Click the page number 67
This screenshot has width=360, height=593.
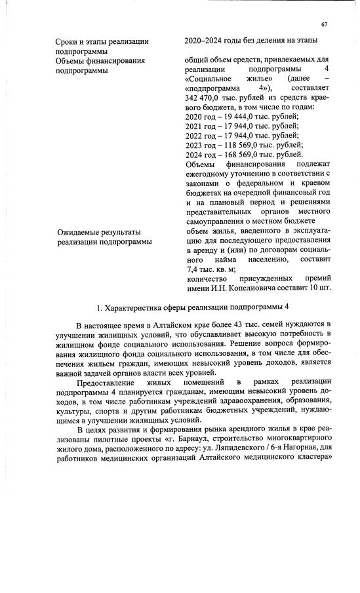[324, 25]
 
